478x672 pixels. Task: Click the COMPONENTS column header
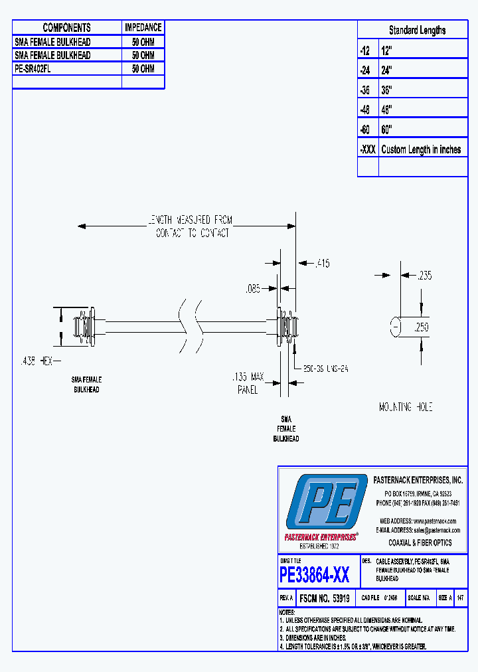[x=66, y=27]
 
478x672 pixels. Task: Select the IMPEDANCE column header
[x=143, y=27]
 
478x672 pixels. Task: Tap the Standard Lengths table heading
[x=417, y=30]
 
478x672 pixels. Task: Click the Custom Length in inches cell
[x=421, y=149]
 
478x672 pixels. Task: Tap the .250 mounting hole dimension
[x=422, y=327]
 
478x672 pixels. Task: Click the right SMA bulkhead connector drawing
[x=287, y=326]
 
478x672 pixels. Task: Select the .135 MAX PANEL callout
[x=248, y=384]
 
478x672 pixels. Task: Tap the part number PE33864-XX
[x=315, y=574]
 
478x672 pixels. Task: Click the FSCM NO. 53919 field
[x=325, y=598]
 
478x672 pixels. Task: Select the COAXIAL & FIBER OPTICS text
[x=420, y=543]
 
